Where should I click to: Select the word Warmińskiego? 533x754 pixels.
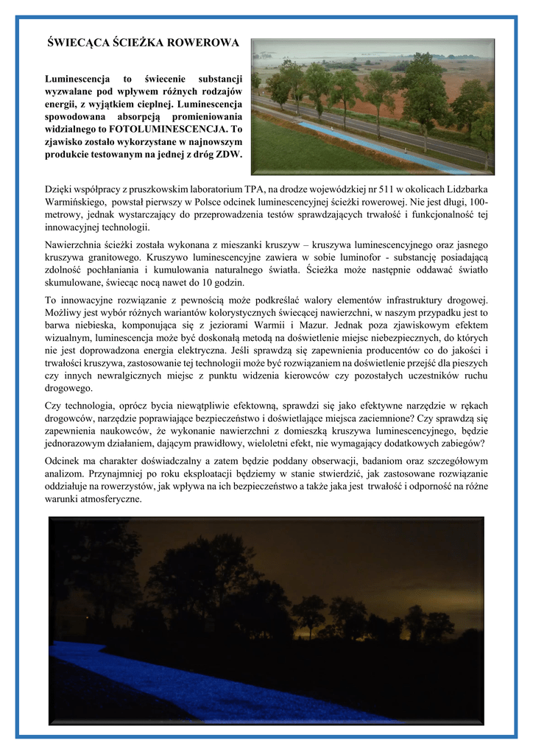tap(77, 202)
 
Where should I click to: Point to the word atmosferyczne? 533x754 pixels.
tap(108, 498)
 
